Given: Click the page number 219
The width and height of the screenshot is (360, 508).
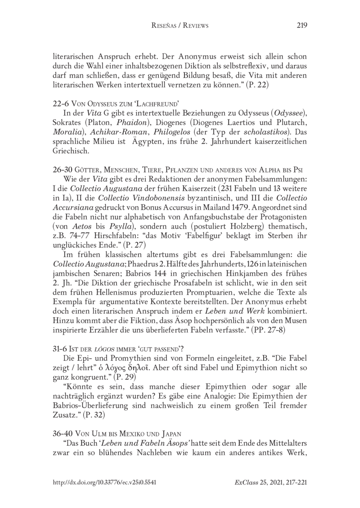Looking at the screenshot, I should pyautogui.click(x=302, y=26).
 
